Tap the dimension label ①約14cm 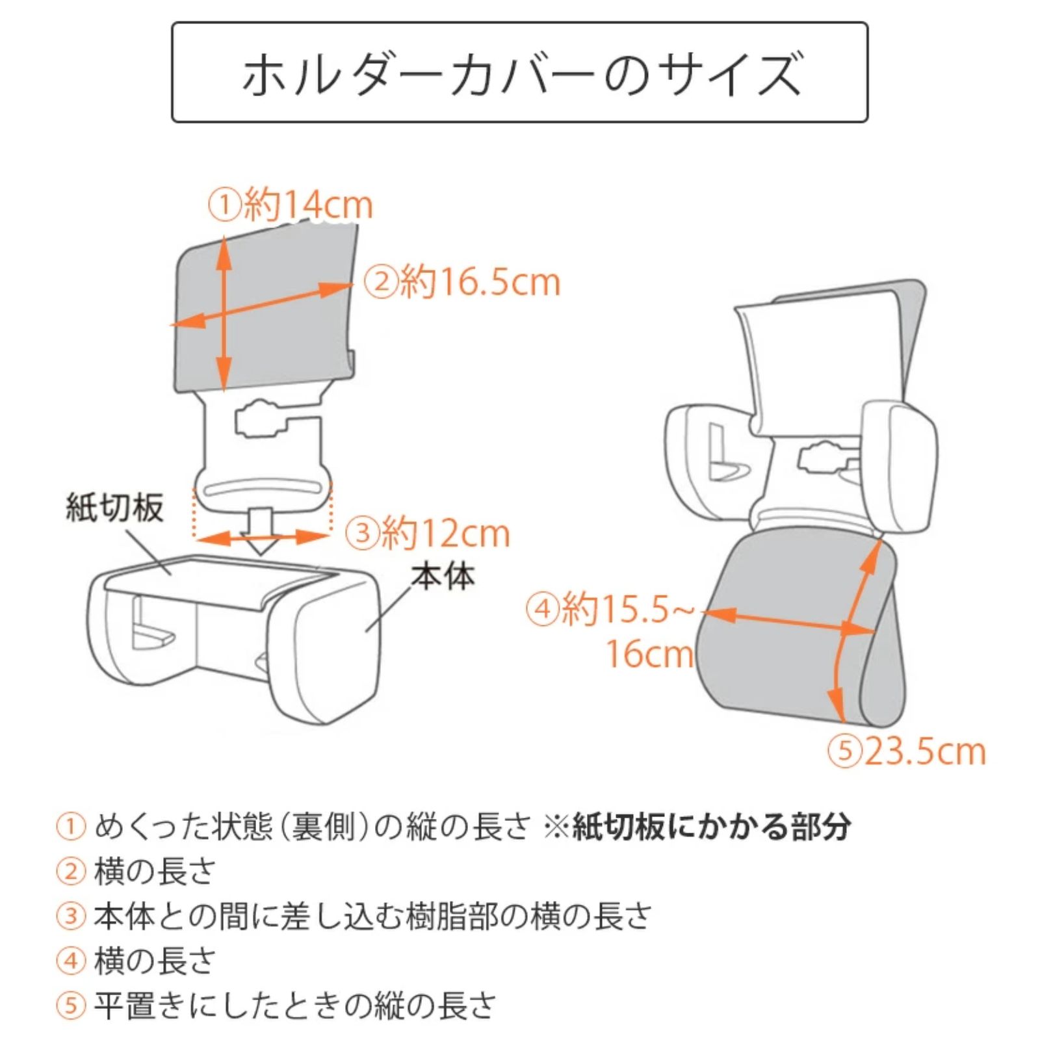pos(291,205)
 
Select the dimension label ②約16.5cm pos(461,282)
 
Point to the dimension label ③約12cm pos(427,533)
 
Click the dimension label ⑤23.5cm pos(907,751)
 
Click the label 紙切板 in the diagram pos(114,508)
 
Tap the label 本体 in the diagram pos(443,576)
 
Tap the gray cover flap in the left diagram pos(266,305)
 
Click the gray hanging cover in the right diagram pos(799,630)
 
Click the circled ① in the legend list pos(71,827)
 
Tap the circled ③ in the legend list pos(71,916)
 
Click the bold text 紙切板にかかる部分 pos(711,827)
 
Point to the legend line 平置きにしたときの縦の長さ pos(295,1006)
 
